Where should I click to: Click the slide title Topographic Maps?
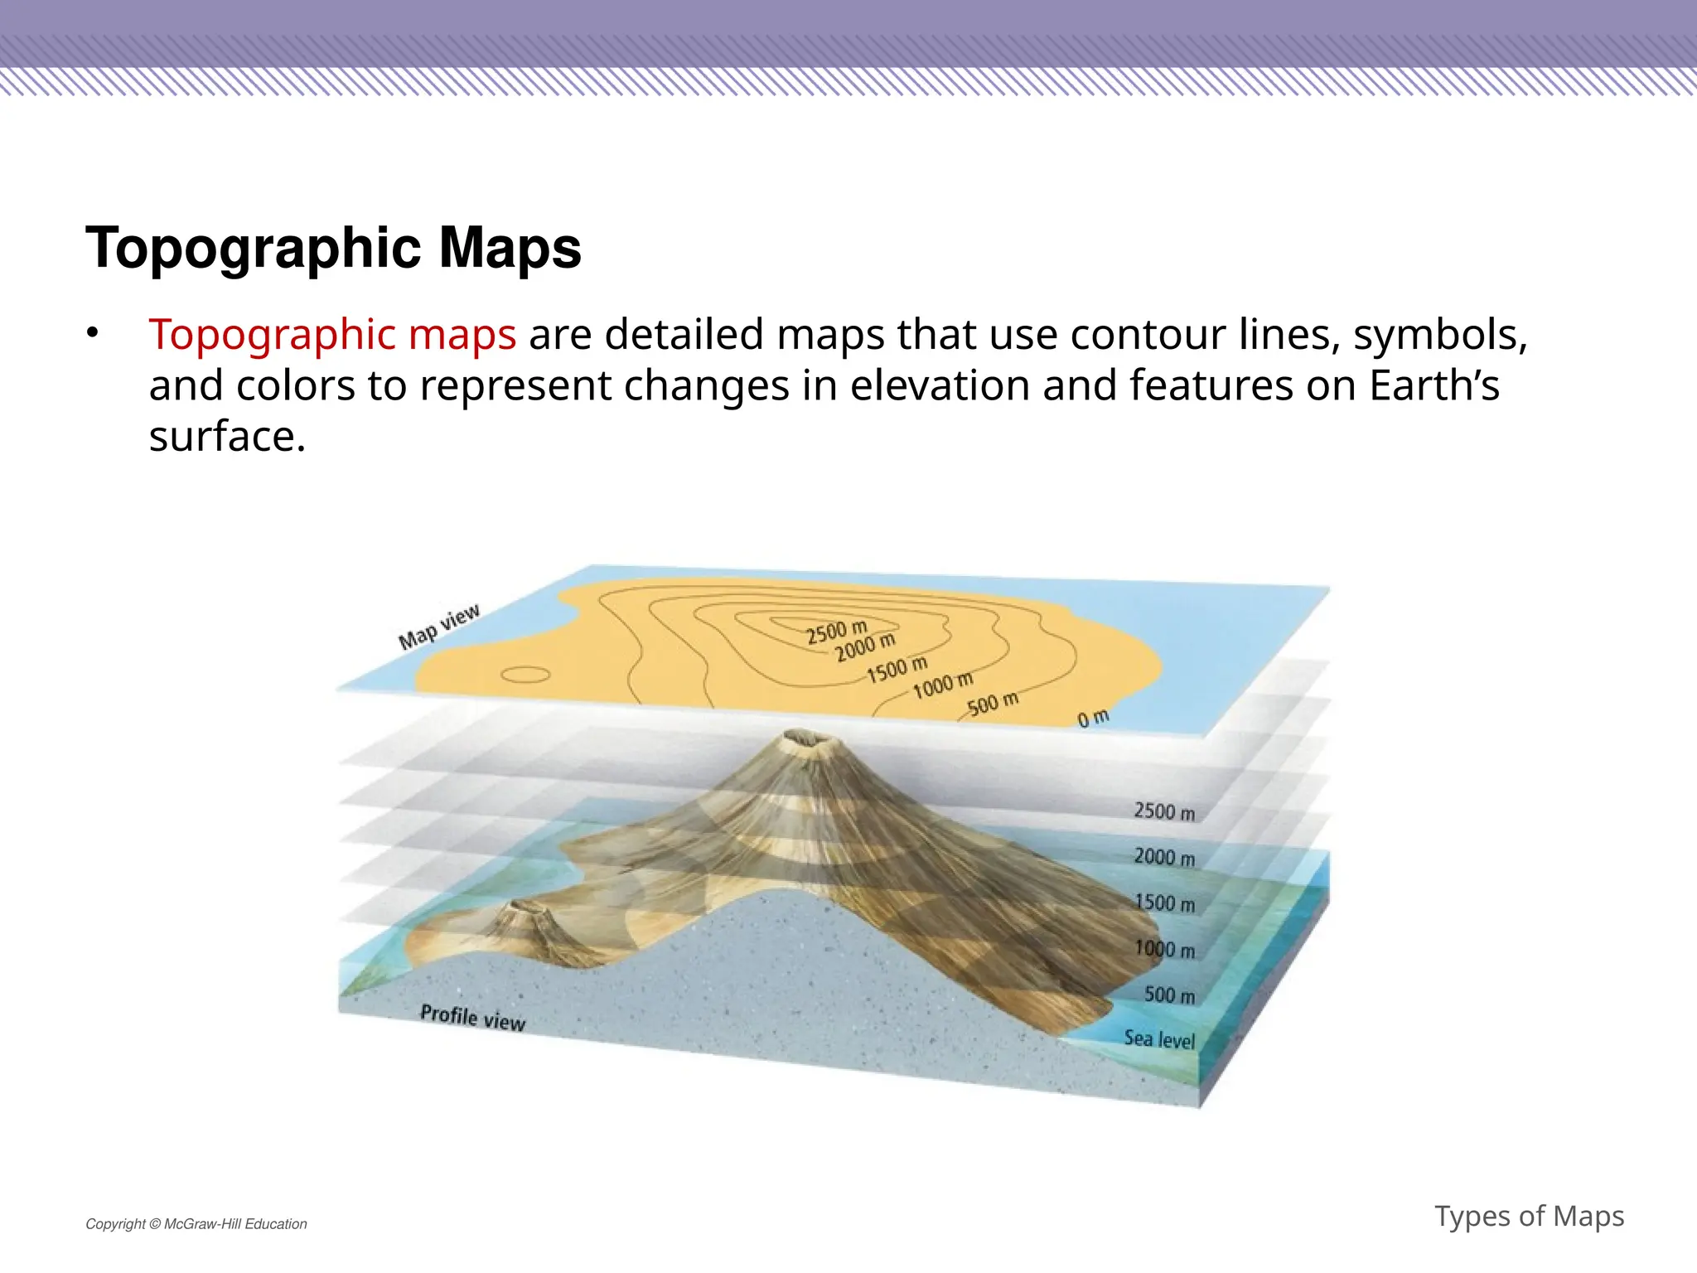click(x=333, y=248)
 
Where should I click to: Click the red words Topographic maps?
click(x=332, y=335)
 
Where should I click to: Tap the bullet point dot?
click(x=93, y=333)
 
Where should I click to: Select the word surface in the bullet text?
click(x=226, y=437)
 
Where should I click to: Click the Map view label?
click(x=439, y=627)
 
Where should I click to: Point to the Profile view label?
click(x=472, y=1017)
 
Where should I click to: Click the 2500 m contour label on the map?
click(x=836, y=632)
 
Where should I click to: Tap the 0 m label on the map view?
click(x=1093, y=718)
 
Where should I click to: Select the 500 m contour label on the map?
click(x=993, y=704)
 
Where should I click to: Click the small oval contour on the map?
click(x=525, y=675)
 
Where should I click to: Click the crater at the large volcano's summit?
click(x=801, y=737)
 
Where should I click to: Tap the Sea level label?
click(x=1159, y=1038)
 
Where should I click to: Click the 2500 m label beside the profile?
click(x=1164, y=811)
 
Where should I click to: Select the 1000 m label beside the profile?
click(x=1164, y=949)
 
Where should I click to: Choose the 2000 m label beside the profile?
click(x=1164, y=857)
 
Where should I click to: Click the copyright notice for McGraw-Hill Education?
click(x=196, y=1224)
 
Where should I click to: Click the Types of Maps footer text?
click(x=1529, y=1216)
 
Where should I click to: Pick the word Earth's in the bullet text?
click(x=1434, y=386)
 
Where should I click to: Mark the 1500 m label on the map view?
click(x=897, y=670)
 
